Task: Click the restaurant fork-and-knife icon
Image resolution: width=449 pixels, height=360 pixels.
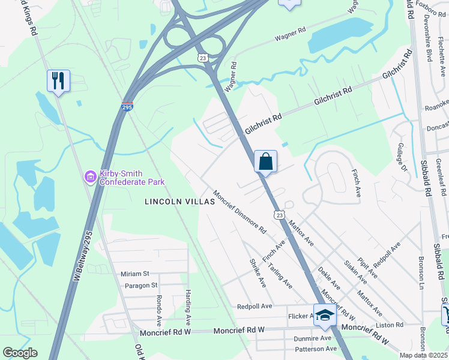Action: coord(58,80)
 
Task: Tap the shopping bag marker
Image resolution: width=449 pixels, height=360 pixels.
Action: coord(265,161)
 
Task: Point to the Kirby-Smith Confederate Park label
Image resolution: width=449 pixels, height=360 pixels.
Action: coord(132,177)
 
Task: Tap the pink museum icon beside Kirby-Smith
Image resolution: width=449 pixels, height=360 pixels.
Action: coord(91,177)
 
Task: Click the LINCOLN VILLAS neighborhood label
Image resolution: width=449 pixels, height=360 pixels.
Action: coord(179,202)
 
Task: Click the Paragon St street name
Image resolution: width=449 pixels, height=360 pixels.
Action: coord(141,286)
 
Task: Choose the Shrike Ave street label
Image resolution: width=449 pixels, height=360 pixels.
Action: coord(257,273)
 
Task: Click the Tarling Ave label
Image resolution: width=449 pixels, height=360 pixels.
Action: coord(280,275)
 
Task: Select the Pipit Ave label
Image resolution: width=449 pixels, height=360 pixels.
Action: coord(368,265)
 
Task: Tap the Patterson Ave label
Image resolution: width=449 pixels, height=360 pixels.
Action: coord(315,349)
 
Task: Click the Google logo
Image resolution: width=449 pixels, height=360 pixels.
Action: coord(20,353)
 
